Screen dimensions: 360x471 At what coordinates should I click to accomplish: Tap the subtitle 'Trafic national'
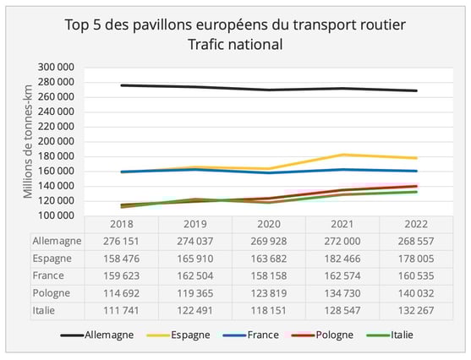(235, 43)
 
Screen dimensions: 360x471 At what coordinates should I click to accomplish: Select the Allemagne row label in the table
(59, 241)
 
